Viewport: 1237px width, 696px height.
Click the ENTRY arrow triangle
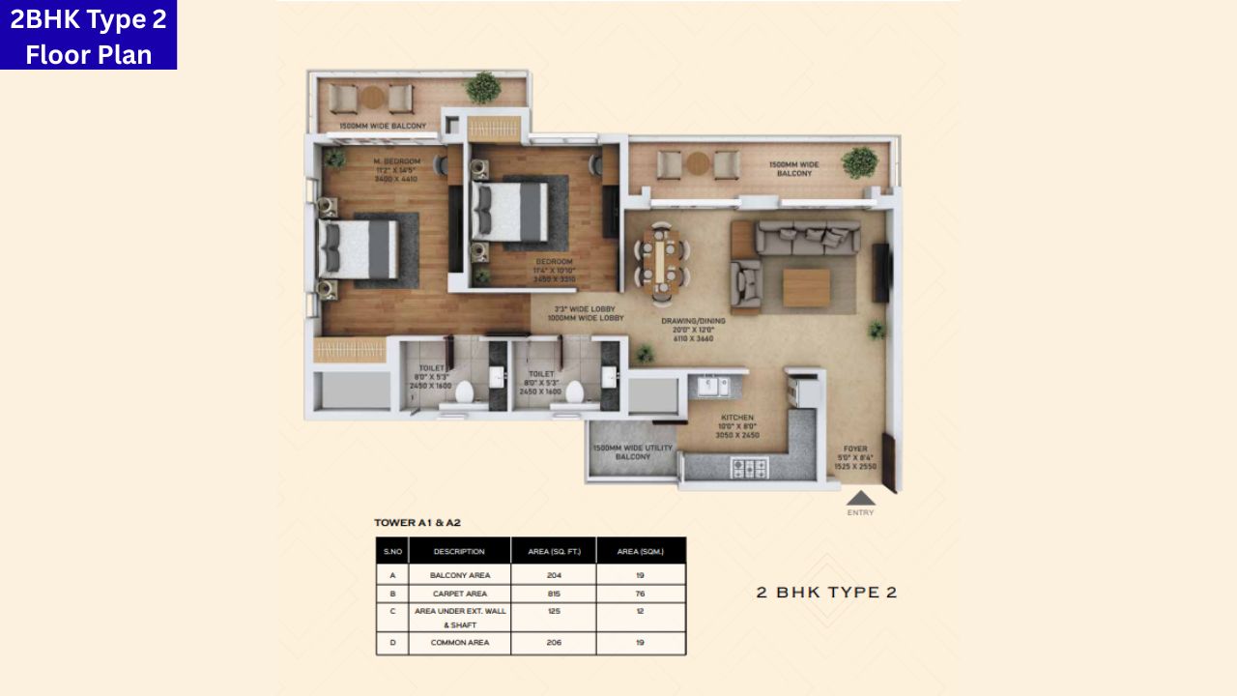(860, 498)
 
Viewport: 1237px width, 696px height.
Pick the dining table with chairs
(662, 260)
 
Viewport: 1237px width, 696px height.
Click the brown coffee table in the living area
(806, 287)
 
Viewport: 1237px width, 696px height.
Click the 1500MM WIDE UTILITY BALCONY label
(633, 452)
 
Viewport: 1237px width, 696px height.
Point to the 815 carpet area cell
(554, 594)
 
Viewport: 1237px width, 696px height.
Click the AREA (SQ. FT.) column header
(554, 551)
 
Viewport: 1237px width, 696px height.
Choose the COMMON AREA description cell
(459, 642)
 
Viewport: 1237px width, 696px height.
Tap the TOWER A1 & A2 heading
(417, 523)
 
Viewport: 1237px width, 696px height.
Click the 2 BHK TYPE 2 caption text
(826, 593)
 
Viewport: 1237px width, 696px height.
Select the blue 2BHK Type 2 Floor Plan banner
(88, 35)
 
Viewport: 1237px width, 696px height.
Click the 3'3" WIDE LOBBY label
(584, 313)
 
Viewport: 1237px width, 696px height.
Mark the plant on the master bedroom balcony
(481, 88)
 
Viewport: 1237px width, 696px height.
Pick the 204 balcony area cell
(554, 575)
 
